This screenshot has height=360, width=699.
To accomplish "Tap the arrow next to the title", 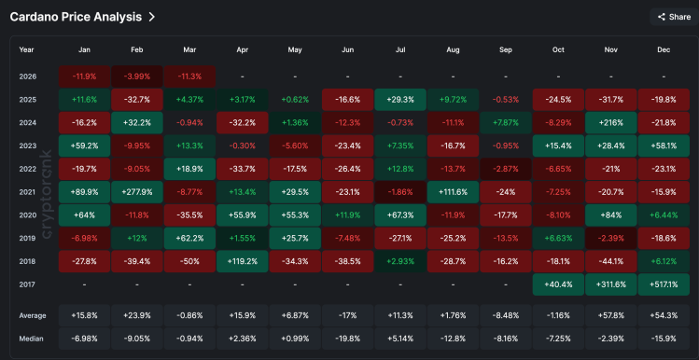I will (x=151, y=17).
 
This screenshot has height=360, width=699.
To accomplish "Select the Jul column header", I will (x=400, y=49).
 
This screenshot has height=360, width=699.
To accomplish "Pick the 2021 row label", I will (x=27, y=192).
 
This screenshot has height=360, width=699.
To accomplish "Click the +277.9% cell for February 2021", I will (x=136, y=192).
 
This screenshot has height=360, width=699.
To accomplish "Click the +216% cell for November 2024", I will (x=610, y=121).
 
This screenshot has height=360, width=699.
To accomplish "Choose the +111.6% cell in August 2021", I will (x=453, y=192).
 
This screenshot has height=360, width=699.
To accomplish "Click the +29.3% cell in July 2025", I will (x=400, y=98).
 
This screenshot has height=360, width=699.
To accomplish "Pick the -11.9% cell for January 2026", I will (x=84, y=75).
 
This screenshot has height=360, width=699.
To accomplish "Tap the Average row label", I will (x=33, y=315).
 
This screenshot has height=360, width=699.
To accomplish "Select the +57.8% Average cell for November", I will (x=610, y=315).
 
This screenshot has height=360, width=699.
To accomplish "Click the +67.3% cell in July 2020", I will (x=400, y=215).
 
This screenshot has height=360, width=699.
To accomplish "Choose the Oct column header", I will (x=558, y=49).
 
